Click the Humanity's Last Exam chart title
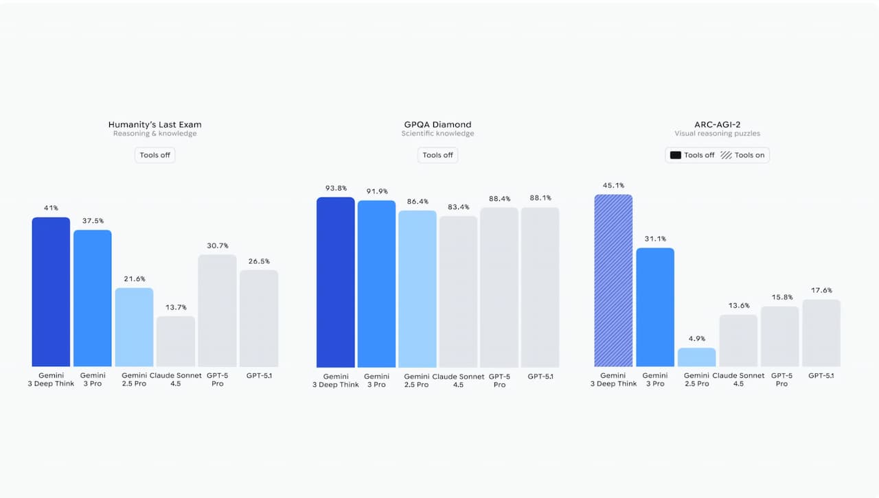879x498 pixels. (x=155, y=124)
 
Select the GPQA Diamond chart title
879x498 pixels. (x=437, y=124)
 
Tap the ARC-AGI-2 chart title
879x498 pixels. (x=717, y=124)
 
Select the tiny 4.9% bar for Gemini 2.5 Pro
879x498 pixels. (x=696, y=357)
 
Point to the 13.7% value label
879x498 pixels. (x=175, y=307)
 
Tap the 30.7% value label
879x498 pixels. (x=217, y=246)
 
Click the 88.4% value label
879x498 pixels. (x=499, y=199)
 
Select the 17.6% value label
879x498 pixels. (x=821, y=290)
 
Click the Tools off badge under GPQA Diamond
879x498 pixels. (x=437, y=155)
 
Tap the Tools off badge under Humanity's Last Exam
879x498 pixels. (x=155, y=155)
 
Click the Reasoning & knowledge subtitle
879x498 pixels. (x=155, y=134)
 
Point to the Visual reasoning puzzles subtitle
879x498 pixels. (x=717, y=134)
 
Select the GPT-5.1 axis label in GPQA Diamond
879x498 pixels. (x=540, y=376)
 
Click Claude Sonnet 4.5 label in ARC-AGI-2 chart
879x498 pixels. (x=738, y=379)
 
